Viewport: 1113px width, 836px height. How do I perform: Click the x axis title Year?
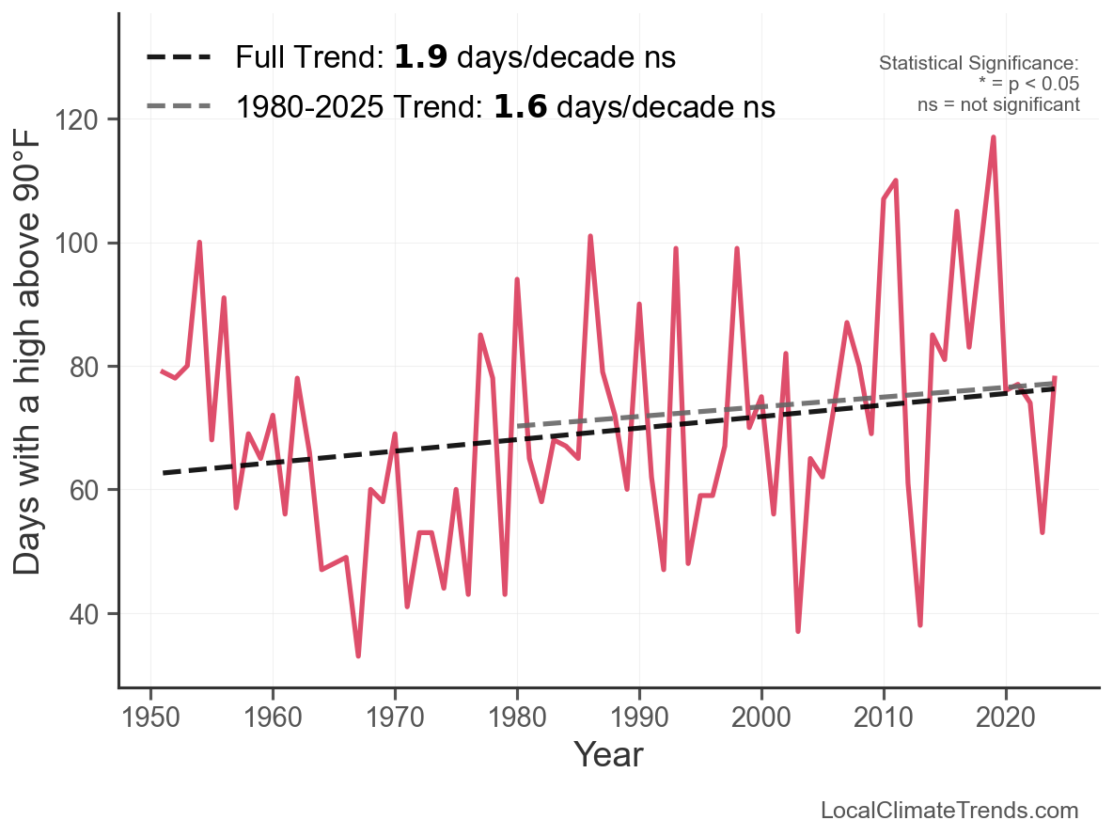pyautogui.click(x=608, y=754)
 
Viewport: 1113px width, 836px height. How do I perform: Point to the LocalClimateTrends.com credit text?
pyautogui.click(x=949, y=811)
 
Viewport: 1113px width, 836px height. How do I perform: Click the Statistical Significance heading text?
pyautogui.click(x=978, y=63)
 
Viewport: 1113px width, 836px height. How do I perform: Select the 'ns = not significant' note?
pyautogui.click(x=998, y=104)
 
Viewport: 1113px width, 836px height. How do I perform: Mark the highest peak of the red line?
pyautogui.click(x=993, y=137)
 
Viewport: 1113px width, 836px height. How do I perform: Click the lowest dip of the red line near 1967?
pyautogui.click(x=358, y=655)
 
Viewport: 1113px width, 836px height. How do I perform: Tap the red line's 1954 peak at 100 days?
pyautogui.click(x=199, y=243)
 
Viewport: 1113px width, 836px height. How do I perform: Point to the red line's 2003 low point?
pyautogui.click(x=798, y=631)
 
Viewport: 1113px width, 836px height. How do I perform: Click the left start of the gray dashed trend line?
pyautogui.click(x=518, y=427)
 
